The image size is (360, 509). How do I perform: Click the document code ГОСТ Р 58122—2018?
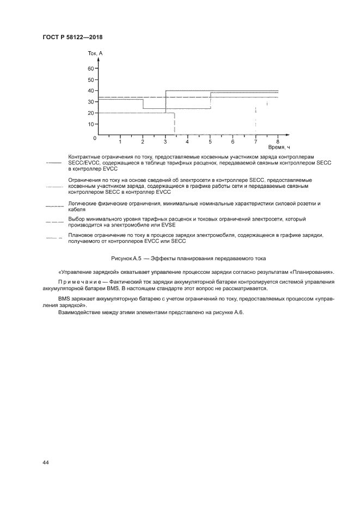[72, 37]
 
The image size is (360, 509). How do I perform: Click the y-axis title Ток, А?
[95, 53]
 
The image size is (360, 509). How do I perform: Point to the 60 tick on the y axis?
[91, 69]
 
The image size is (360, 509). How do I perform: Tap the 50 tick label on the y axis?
[91, 79]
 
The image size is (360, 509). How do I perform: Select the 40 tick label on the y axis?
[91, 90]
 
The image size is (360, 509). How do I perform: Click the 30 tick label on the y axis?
[91, 102]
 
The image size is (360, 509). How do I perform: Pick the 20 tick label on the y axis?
[91, 113]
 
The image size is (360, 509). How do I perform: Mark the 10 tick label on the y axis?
[91, 124]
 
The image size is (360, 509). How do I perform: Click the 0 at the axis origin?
[94, 138]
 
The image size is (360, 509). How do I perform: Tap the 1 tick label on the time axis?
[120, 142]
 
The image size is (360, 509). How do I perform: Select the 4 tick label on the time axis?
[187, 142]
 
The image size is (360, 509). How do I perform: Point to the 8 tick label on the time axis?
[278, 142]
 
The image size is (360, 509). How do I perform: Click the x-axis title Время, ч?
[279, 148]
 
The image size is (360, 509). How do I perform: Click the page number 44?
[46, 462]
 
